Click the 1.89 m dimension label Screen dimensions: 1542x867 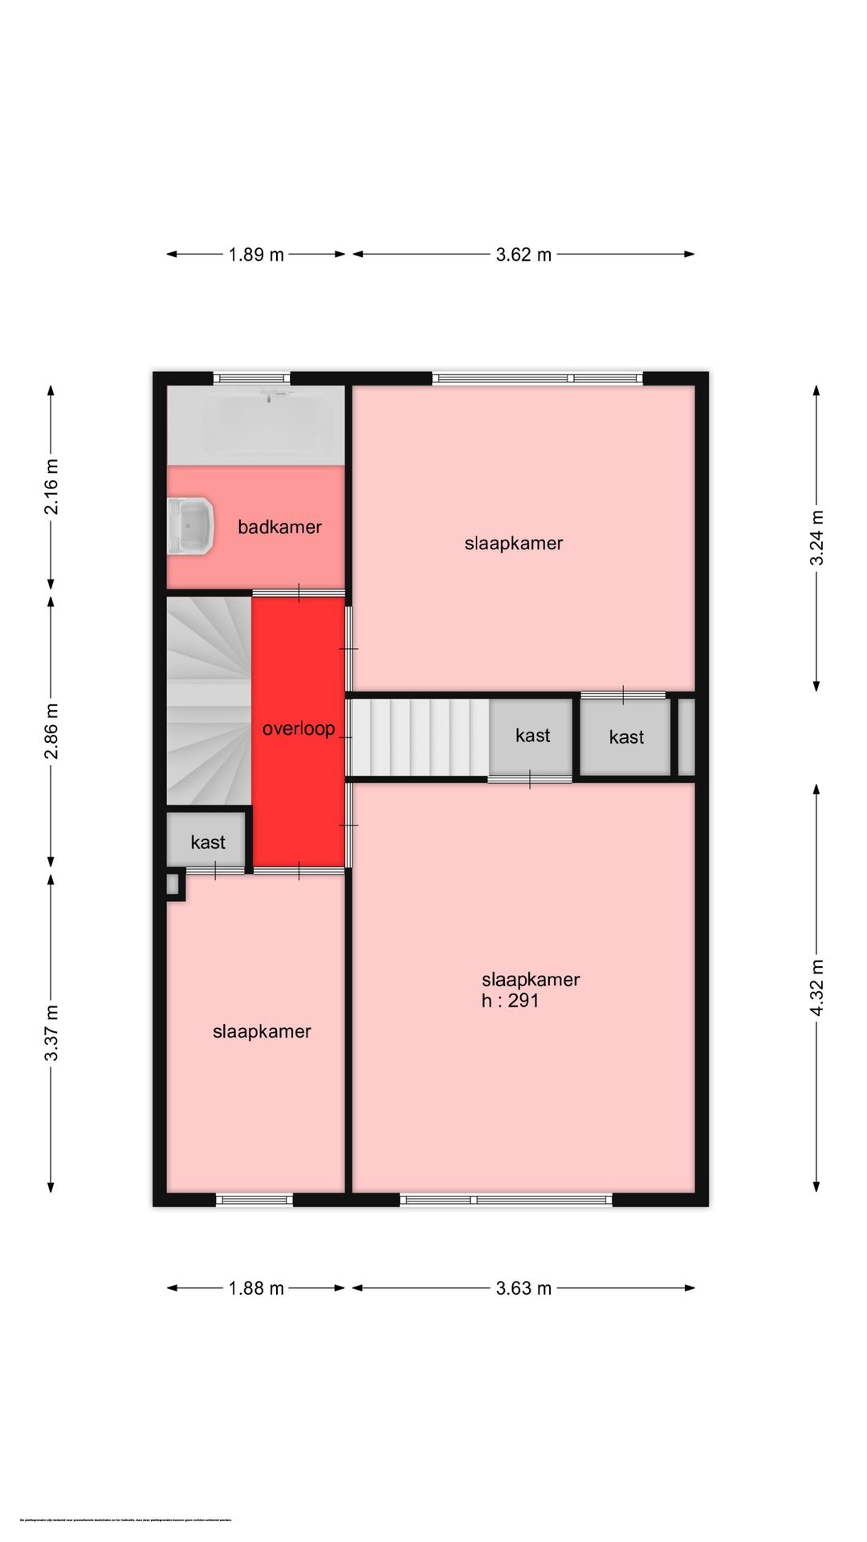pos(256,255)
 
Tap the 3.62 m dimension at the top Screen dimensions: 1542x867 pos(523,255)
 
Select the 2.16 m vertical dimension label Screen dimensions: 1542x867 pos(51,487)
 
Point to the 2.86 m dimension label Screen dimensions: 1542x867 pos(51,731)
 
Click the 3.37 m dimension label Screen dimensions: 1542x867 pos(51,1033)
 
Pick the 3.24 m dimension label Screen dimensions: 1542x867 pos(816,538)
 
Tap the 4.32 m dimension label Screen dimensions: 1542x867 pos(816,988)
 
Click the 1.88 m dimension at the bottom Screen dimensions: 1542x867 pos(256,1288)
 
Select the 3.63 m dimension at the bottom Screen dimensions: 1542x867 pos(523,1288)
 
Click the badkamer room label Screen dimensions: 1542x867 pos(279,528)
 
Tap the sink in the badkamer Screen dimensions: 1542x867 pos(190,526)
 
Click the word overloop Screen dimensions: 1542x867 pos(299,729)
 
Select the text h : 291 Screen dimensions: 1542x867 pos(510,1001)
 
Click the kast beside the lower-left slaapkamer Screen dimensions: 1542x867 pos(207,842)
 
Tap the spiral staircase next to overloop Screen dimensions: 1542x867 pos(207,699)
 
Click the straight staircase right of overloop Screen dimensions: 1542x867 pos(417,736)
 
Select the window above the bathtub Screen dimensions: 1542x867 pos(251,377)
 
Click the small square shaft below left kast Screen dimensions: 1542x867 pos(173,884)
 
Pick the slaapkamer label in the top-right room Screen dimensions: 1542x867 pos(514,544)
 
